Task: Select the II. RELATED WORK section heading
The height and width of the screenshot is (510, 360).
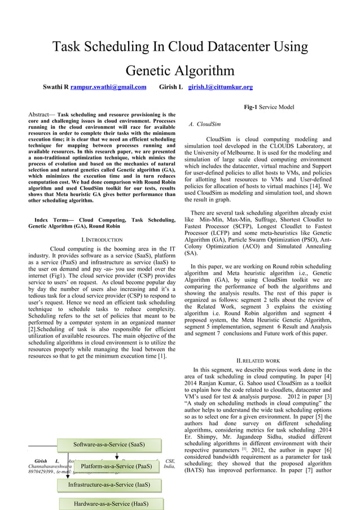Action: pos(257,360)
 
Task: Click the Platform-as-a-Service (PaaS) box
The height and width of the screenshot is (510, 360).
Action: pos(116,466)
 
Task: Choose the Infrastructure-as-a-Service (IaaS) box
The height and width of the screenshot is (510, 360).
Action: pos(109,485)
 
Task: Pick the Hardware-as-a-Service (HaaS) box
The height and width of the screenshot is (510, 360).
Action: pos(109,503)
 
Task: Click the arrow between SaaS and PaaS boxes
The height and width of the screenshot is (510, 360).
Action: pos(116,455)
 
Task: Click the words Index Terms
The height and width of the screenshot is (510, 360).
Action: pos(52,219)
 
